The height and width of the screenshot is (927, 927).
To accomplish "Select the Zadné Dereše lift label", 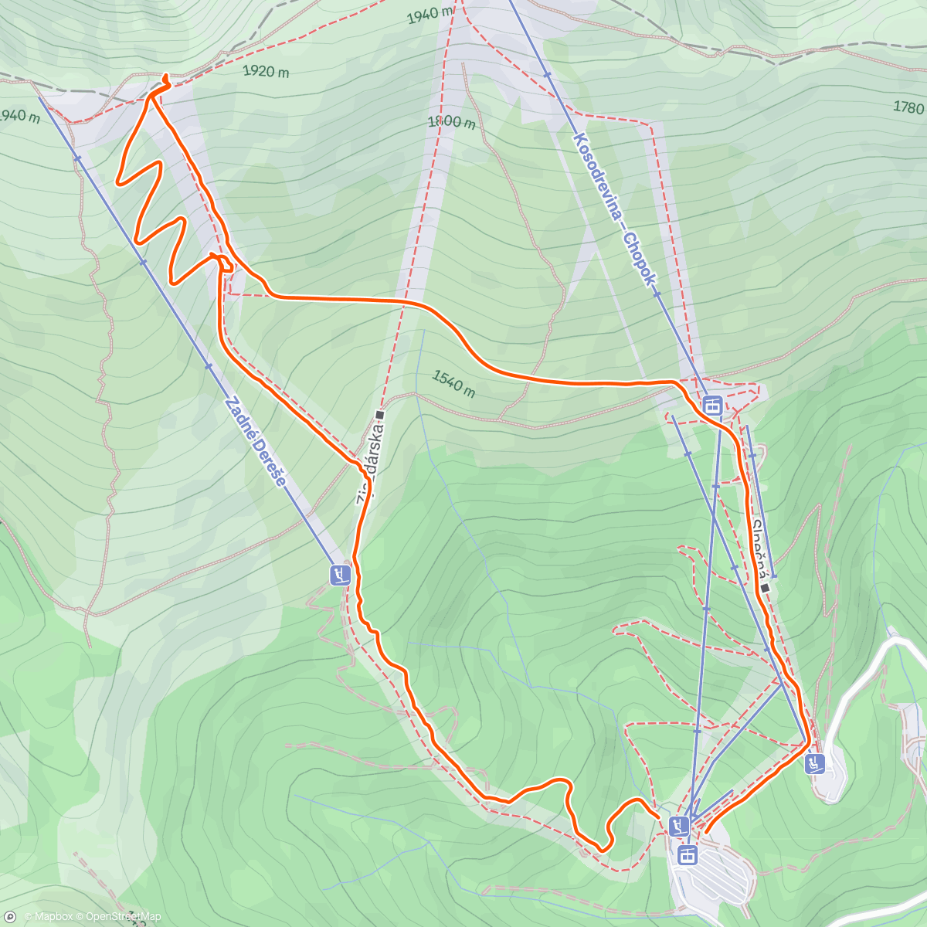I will tap(256, 442).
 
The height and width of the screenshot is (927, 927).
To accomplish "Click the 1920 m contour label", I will tap(266, 72).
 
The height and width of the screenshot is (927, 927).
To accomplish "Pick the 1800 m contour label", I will tap(451, 122).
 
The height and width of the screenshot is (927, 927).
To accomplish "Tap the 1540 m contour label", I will tap(453, 382).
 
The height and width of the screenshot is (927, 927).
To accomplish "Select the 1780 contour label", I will tap(908, 107).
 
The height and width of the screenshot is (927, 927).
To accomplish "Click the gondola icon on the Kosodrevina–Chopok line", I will tap(711, 405).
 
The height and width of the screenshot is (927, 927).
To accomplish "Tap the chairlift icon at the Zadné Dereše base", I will tap(340, 575).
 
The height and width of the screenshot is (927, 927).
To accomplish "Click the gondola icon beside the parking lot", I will tap(688, 854).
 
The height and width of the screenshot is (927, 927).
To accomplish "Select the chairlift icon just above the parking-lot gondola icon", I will tap(679, 826).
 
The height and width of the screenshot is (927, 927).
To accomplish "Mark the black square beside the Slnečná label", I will tap(765, 588).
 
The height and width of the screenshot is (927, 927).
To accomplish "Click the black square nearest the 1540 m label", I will tap(380, 415).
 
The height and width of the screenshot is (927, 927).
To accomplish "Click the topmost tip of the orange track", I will tap(168, 75).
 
